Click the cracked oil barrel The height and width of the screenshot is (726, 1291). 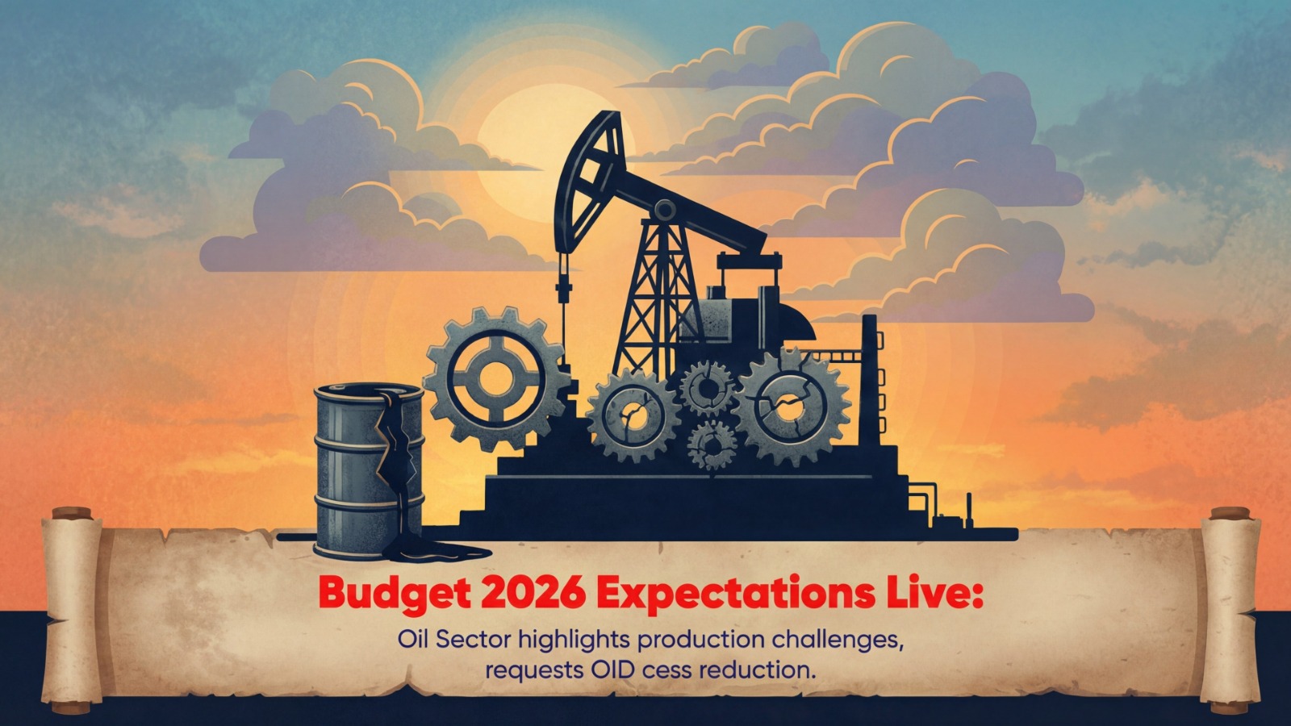369,471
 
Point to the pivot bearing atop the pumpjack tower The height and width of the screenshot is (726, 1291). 665,210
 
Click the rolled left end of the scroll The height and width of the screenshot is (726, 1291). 72,611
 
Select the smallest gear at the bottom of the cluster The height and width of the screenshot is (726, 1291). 712,444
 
